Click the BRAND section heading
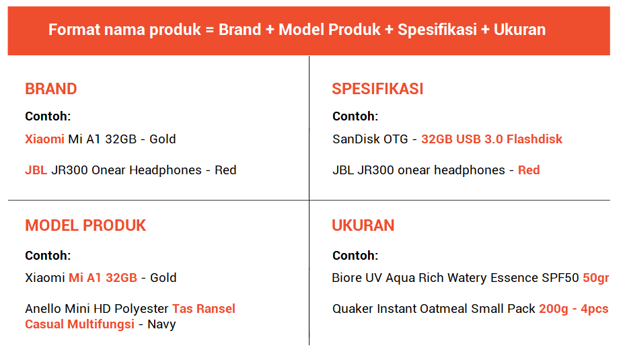click(51, 89)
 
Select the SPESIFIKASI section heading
click(377, 89)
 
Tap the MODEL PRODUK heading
click(85, 225)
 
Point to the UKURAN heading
click(363, 225)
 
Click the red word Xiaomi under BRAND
click(44, 139)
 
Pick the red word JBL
click(36, 170)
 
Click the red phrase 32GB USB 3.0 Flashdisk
click(492, 139)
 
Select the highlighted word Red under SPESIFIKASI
click(529, 170)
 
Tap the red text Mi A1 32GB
click(103, 278)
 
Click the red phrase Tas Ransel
click(204, 309)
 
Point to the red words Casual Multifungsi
click(79, 324)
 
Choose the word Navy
click(161, 325)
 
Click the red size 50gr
click(596, 278)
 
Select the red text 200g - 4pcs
click(574, 309)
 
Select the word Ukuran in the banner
click(520, 30)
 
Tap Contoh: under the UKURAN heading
click(355, 256)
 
